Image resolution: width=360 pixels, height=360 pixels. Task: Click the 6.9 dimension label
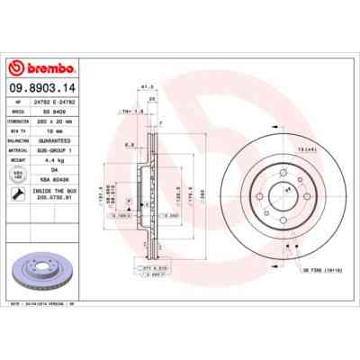coord(130,145)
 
